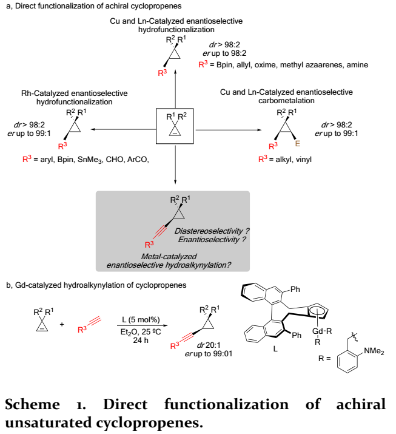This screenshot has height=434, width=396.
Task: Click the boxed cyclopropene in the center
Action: pyautogui.click(x=175, y=127)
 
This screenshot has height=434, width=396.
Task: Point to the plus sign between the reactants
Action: pyautogui.click(x=61, y=324)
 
